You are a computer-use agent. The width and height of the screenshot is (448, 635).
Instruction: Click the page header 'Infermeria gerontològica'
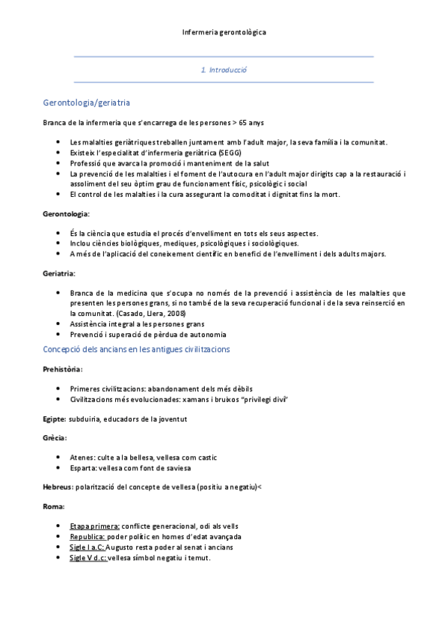click(224, 32)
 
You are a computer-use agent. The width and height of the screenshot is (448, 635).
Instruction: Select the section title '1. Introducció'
click(224, 70)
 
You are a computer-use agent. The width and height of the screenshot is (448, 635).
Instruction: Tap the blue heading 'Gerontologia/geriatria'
click(88, 102)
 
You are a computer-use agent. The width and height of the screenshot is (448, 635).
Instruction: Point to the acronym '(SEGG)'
click(218, 152)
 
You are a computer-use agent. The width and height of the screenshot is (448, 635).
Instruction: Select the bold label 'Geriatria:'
click(59, 273)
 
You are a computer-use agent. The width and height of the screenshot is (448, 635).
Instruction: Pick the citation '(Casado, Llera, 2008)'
click(150, 313)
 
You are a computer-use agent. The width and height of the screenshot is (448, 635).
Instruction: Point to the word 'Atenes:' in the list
click(83, 455)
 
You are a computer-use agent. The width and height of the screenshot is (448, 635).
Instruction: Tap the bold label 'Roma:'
click(53, 507)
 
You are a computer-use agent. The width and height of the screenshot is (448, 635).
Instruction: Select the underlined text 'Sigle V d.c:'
click(88, 558)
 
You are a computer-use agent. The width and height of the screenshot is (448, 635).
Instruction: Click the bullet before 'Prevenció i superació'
click(58, 334)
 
